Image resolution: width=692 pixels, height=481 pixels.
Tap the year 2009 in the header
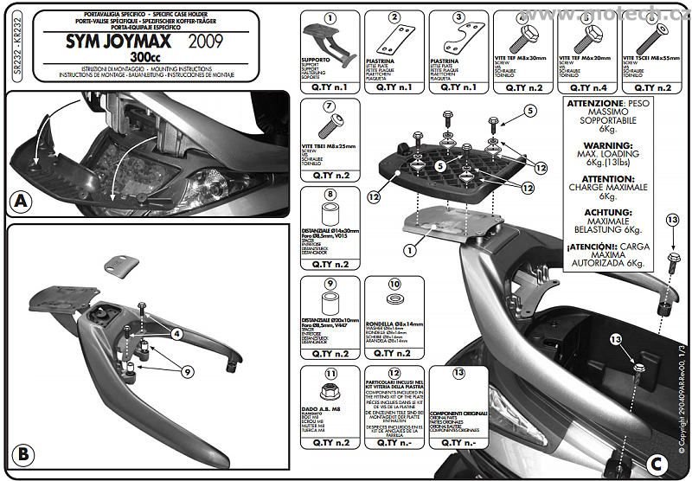(204, 41)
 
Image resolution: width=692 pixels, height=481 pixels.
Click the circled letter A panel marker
(21, 202)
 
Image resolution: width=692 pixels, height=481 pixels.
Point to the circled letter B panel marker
(22, 453)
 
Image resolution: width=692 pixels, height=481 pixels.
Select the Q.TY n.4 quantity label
(587, 87)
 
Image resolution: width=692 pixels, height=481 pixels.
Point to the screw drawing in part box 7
(330, 126)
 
